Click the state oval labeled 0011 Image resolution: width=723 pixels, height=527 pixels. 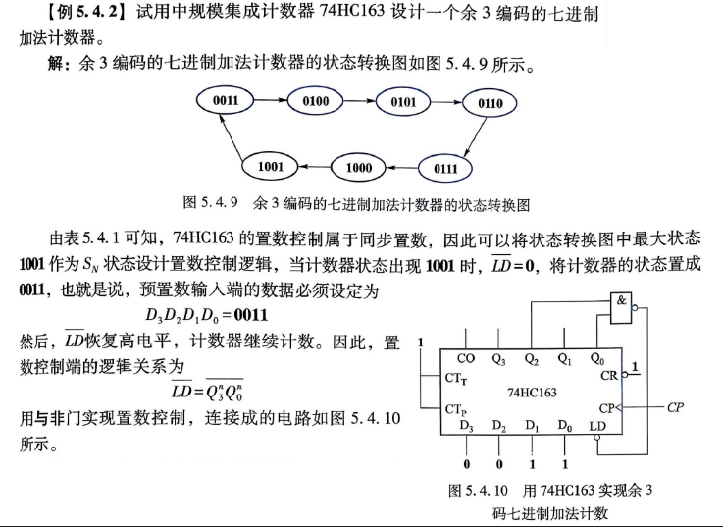click(225, 100)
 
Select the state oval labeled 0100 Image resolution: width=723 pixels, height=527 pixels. click(315, 101)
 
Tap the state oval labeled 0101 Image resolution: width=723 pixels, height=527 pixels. click(403, 102)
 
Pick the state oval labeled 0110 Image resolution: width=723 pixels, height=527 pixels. click(490, 103)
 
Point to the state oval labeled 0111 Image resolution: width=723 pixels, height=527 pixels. click(445, 169)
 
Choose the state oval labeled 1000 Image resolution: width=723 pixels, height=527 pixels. click(358, 167)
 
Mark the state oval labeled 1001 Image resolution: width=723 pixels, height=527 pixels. click(270, 166)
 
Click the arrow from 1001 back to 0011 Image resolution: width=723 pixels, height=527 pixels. click(232, 137)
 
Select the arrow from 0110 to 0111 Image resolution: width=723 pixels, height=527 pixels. click(475, 137)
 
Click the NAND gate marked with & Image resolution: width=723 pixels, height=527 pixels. click(621, 308)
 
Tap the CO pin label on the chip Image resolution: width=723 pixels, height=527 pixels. click(466, 358)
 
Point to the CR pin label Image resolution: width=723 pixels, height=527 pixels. click(608, 376)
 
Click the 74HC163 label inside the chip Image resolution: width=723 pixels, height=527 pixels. click(532, 393)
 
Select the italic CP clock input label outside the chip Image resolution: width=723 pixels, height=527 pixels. click(675, 407)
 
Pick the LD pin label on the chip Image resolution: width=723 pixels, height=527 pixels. click(597, 426)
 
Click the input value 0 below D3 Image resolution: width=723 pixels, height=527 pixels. click(467, 464)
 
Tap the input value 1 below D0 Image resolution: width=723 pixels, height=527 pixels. click(565, 464)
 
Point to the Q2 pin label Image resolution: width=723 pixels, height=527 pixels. click(532, 359)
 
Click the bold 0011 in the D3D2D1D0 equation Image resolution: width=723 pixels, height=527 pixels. click(251, 315)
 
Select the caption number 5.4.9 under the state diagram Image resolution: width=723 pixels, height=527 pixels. click(219, 202)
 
